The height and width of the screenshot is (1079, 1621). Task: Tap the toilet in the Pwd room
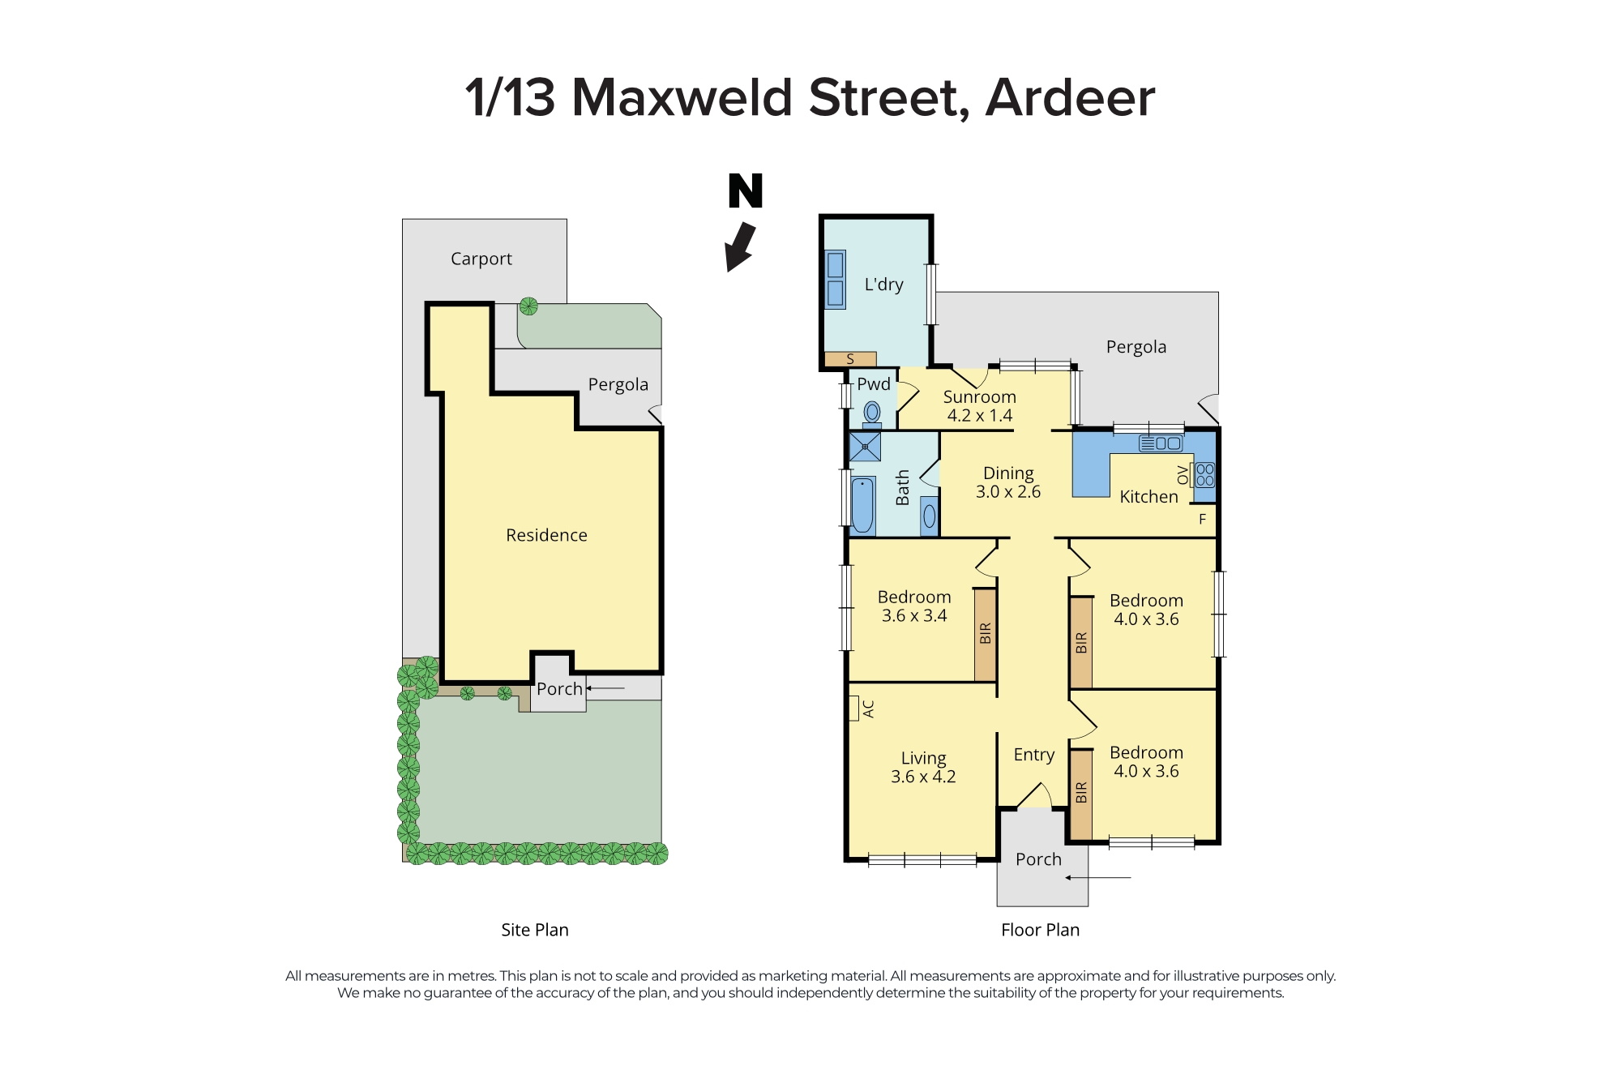[x=872, y=413]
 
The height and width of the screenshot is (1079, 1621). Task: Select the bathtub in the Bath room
[x=862, y=504]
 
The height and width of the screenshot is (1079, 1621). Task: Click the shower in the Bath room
[x=865, y=447]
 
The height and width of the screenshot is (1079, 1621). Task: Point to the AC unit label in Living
[x=869, y=709]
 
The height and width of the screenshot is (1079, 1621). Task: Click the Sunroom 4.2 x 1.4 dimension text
[x=979, y=416]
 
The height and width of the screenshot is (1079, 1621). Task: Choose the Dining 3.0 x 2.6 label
[x=1007, y=482]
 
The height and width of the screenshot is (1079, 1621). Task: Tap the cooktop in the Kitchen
[x=1204, y=474]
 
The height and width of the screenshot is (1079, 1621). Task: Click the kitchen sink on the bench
[x=1161, y=443]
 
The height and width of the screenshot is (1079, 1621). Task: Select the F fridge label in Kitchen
[x=1202, y=519]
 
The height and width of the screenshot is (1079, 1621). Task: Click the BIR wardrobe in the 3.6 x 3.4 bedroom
[x=985, y=634]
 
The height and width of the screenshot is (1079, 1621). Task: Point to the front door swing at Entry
[x=1034, y=795]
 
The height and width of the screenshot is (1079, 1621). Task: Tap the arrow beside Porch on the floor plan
[x=1098, y=877]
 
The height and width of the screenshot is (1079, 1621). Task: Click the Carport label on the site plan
[x=481, y=259]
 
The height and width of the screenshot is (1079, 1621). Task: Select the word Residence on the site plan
[x=546, y=535]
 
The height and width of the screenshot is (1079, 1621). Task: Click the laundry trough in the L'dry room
[x=835, y=279]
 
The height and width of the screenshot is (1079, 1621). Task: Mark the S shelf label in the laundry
[x=850, y=358]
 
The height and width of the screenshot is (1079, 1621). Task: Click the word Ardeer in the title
[x=1070, y=98]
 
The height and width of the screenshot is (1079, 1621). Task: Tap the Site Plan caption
[x=534, y=930]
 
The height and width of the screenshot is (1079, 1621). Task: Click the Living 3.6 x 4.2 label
[x=923, y=767]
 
